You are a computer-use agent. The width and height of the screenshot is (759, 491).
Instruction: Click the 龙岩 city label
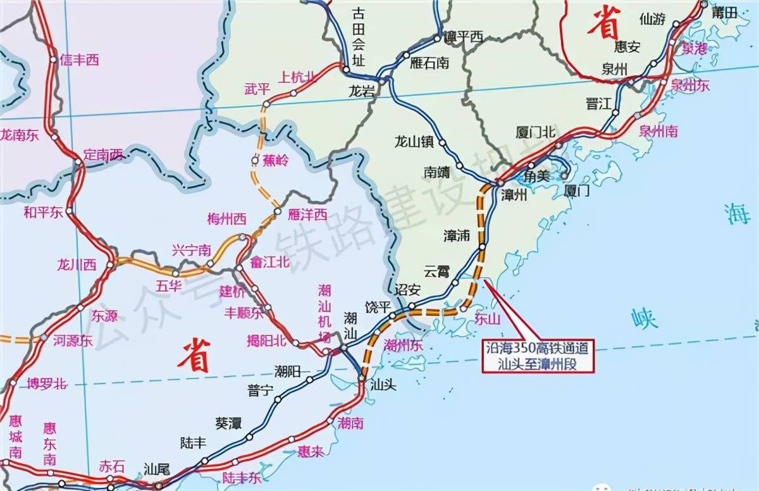(x=362, y=91)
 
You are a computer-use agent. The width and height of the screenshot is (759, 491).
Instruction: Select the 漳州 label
(x=513, y=195)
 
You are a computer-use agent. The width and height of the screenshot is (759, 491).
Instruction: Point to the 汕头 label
(x=383, y=384)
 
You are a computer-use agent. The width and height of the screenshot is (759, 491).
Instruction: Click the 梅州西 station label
(x=226, y=220)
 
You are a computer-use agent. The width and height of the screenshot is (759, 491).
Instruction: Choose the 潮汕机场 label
(x=325, y=313)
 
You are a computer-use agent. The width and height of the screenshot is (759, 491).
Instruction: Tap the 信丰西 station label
(x=80, y=60)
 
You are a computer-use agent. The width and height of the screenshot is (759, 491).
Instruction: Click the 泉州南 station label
(x=658, y=131)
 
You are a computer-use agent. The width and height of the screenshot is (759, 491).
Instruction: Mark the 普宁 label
(x=261, y=390)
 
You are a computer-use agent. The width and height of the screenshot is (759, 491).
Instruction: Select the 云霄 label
(x=436, y=271)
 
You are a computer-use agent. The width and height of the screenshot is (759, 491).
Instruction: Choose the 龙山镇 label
(x=413, y=142)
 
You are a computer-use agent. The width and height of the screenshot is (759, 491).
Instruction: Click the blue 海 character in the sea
(x=736, y=215)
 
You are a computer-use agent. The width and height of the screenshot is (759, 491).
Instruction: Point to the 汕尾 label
(x=157, y=469)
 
